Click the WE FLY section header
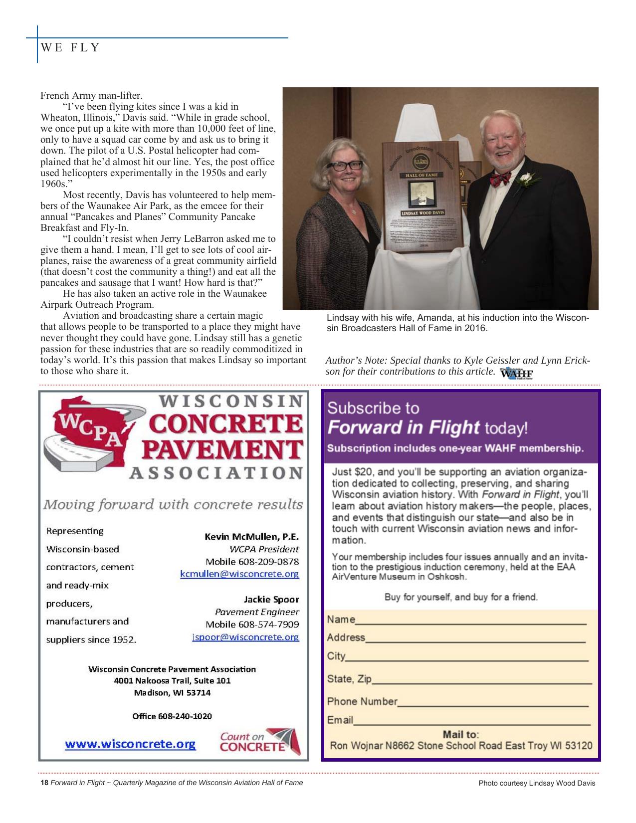[x=70, y=48]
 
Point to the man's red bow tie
[x=499, y=179]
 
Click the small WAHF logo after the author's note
[x=516, y=374]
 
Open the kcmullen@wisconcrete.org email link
[x=239, y=574]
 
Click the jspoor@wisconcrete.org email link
[x=245, y=637]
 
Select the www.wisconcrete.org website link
[x=130, y=744]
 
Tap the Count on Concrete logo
[x=260, y=742]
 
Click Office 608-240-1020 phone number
[x=172, y=716]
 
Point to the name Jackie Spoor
[x=271, y=599]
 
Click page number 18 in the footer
[x=44, y=783]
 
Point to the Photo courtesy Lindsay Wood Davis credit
[x=537, y=783]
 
